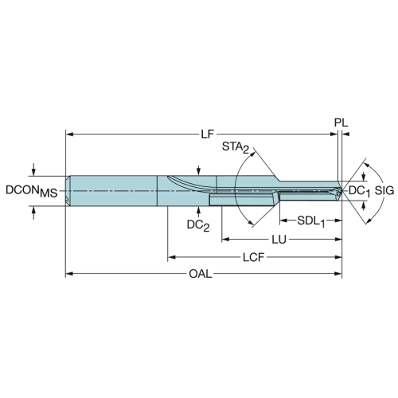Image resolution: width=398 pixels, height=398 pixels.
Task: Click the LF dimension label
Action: pos(207,135)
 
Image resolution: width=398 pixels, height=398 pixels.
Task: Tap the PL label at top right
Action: pos(341,123)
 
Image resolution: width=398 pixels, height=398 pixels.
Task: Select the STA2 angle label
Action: pos(236,147)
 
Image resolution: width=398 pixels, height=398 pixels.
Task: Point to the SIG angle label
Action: pos(384,190)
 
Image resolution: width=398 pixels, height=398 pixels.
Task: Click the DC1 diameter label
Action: pos(359,191)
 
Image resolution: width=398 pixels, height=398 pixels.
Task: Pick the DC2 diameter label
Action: pos(198,225)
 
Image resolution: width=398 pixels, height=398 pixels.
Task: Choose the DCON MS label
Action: pos(32,191)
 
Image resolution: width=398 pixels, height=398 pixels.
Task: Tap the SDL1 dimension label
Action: pos(310,221)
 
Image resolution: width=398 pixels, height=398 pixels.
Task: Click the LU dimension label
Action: pos(279,240)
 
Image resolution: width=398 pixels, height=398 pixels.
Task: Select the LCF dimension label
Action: pos(254,257)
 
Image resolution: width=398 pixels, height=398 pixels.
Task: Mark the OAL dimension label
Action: pos(201,274)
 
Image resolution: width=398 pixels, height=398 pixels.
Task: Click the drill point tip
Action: pos(341,191)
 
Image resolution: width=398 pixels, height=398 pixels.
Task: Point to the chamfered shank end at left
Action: pos(68,190)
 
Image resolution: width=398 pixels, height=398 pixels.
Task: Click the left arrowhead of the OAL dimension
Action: pos(69,274)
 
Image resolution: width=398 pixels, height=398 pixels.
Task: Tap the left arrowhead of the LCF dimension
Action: pos(171,257)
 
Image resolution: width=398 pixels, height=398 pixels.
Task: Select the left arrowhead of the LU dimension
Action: pos(225,240)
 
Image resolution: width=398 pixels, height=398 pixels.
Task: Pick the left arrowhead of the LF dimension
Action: pos(69,135)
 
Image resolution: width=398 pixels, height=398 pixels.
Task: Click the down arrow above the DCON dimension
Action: pos(33,170)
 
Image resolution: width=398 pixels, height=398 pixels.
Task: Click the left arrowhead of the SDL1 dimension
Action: pos(283,220)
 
